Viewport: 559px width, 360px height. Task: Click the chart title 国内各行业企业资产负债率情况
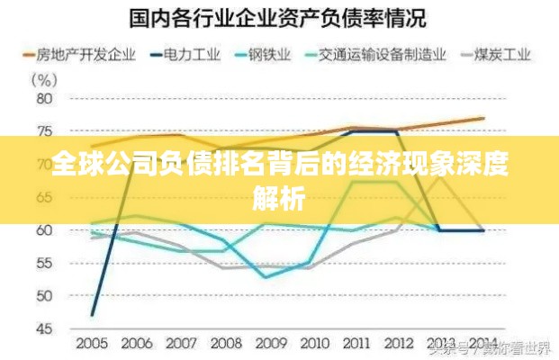tap(278, 17)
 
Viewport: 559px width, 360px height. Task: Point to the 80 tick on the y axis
tap(43, 98)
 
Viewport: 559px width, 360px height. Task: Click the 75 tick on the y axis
tap(43, 131)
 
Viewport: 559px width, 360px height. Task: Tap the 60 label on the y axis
tap(43, 230)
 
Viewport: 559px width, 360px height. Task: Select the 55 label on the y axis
tap(43, 263)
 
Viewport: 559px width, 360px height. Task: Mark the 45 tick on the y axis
tap(43, 328)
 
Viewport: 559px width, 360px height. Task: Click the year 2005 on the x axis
tap(93, 343)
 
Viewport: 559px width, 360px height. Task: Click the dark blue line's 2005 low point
tap(93, 314)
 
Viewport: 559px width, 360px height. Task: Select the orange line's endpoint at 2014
tap(483, 118)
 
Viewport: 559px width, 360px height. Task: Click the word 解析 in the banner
tap(279, 193)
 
